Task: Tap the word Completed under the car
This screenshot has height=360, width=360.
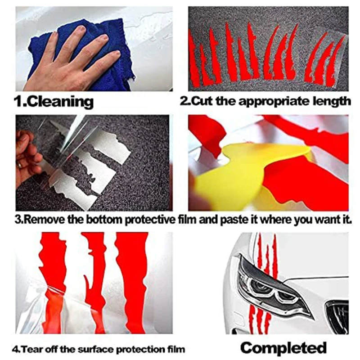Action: (283, 348)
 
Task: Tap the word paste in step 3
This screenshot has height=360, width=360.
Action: (233, 220)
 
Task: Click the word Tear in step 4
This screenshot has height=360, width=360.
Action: (31, 350)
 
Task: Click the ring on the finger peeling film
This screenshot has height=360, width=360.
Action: (20, 165)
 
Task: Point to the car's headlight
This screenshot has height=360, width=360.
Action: (273, 287)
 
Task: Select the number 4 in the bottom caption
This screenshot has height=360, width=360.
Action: (15, 350)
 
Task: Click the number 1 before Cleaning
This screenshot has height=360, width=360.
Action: (18, 101)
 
